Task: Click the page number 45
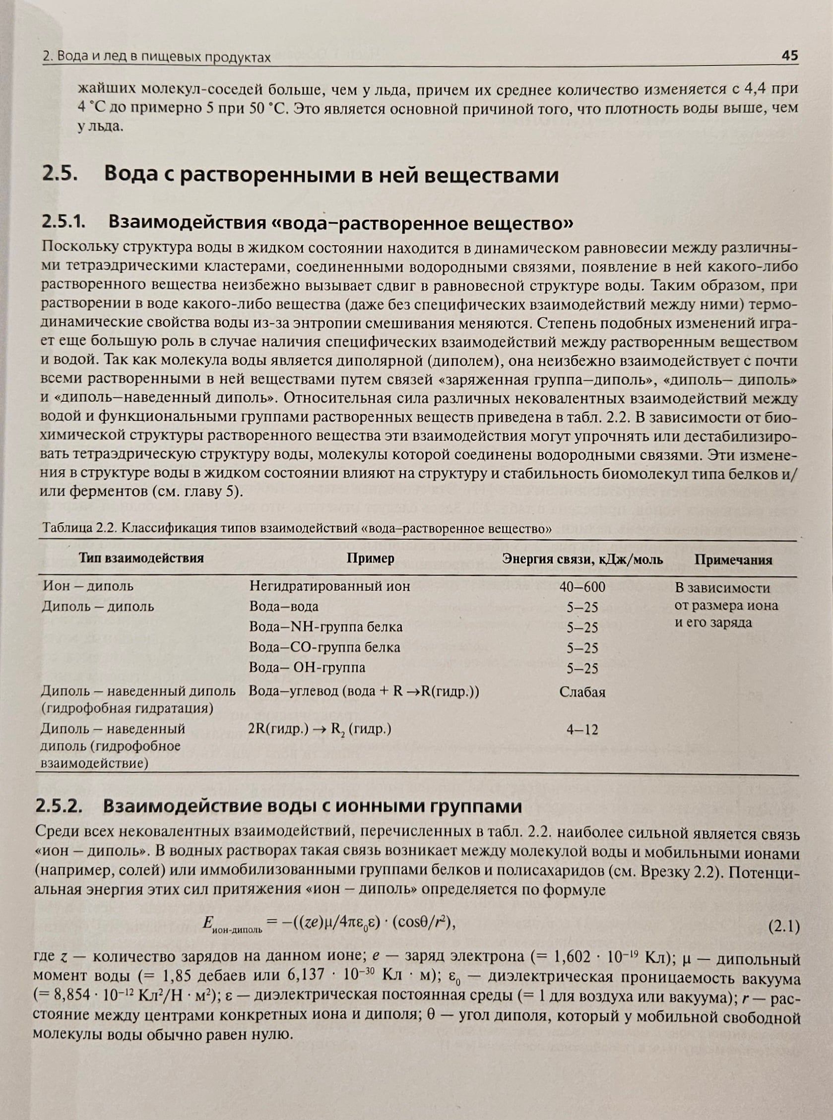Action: point(790,56)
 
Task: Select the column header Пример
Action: point(370,559)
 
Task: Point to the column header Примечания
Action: point(733,560)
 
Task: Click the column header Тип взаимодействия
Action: point(141,558)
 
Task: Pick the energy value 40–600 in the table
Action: point(582,587)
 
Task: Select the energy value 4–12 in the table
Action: point(582,729)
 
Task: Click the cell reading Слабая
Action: point(582,691)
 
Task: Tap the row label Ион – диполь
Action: point(88,586)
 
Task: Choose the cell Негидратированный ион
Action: point(330,586)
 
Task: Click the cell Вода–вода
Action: point(284,606)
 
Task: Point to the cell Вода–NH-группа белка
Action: point(326,626)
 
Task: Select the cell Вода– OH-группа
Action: point(307,667)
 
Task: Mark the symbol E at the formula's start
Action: point(207,922)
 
